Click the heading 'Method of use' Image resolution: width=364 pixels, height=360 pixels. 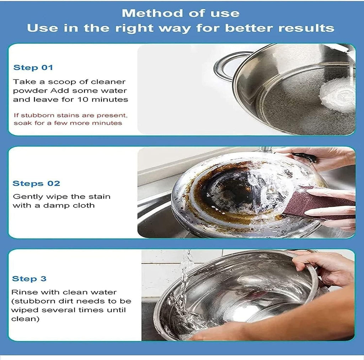coord(181,13)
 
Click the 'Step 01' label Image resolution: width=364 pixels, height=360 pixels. coord(33,67)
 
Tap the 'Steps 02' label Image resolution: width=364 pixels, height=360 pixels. coord(36,184)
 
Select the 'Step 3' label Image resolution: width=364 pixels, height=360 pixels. coord(29,279)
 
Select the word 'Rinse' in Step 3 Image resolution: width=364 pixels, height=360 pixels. coord(22,292)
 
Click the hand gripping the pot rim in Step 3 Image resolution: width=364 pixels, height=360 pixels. coord(320,266)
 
